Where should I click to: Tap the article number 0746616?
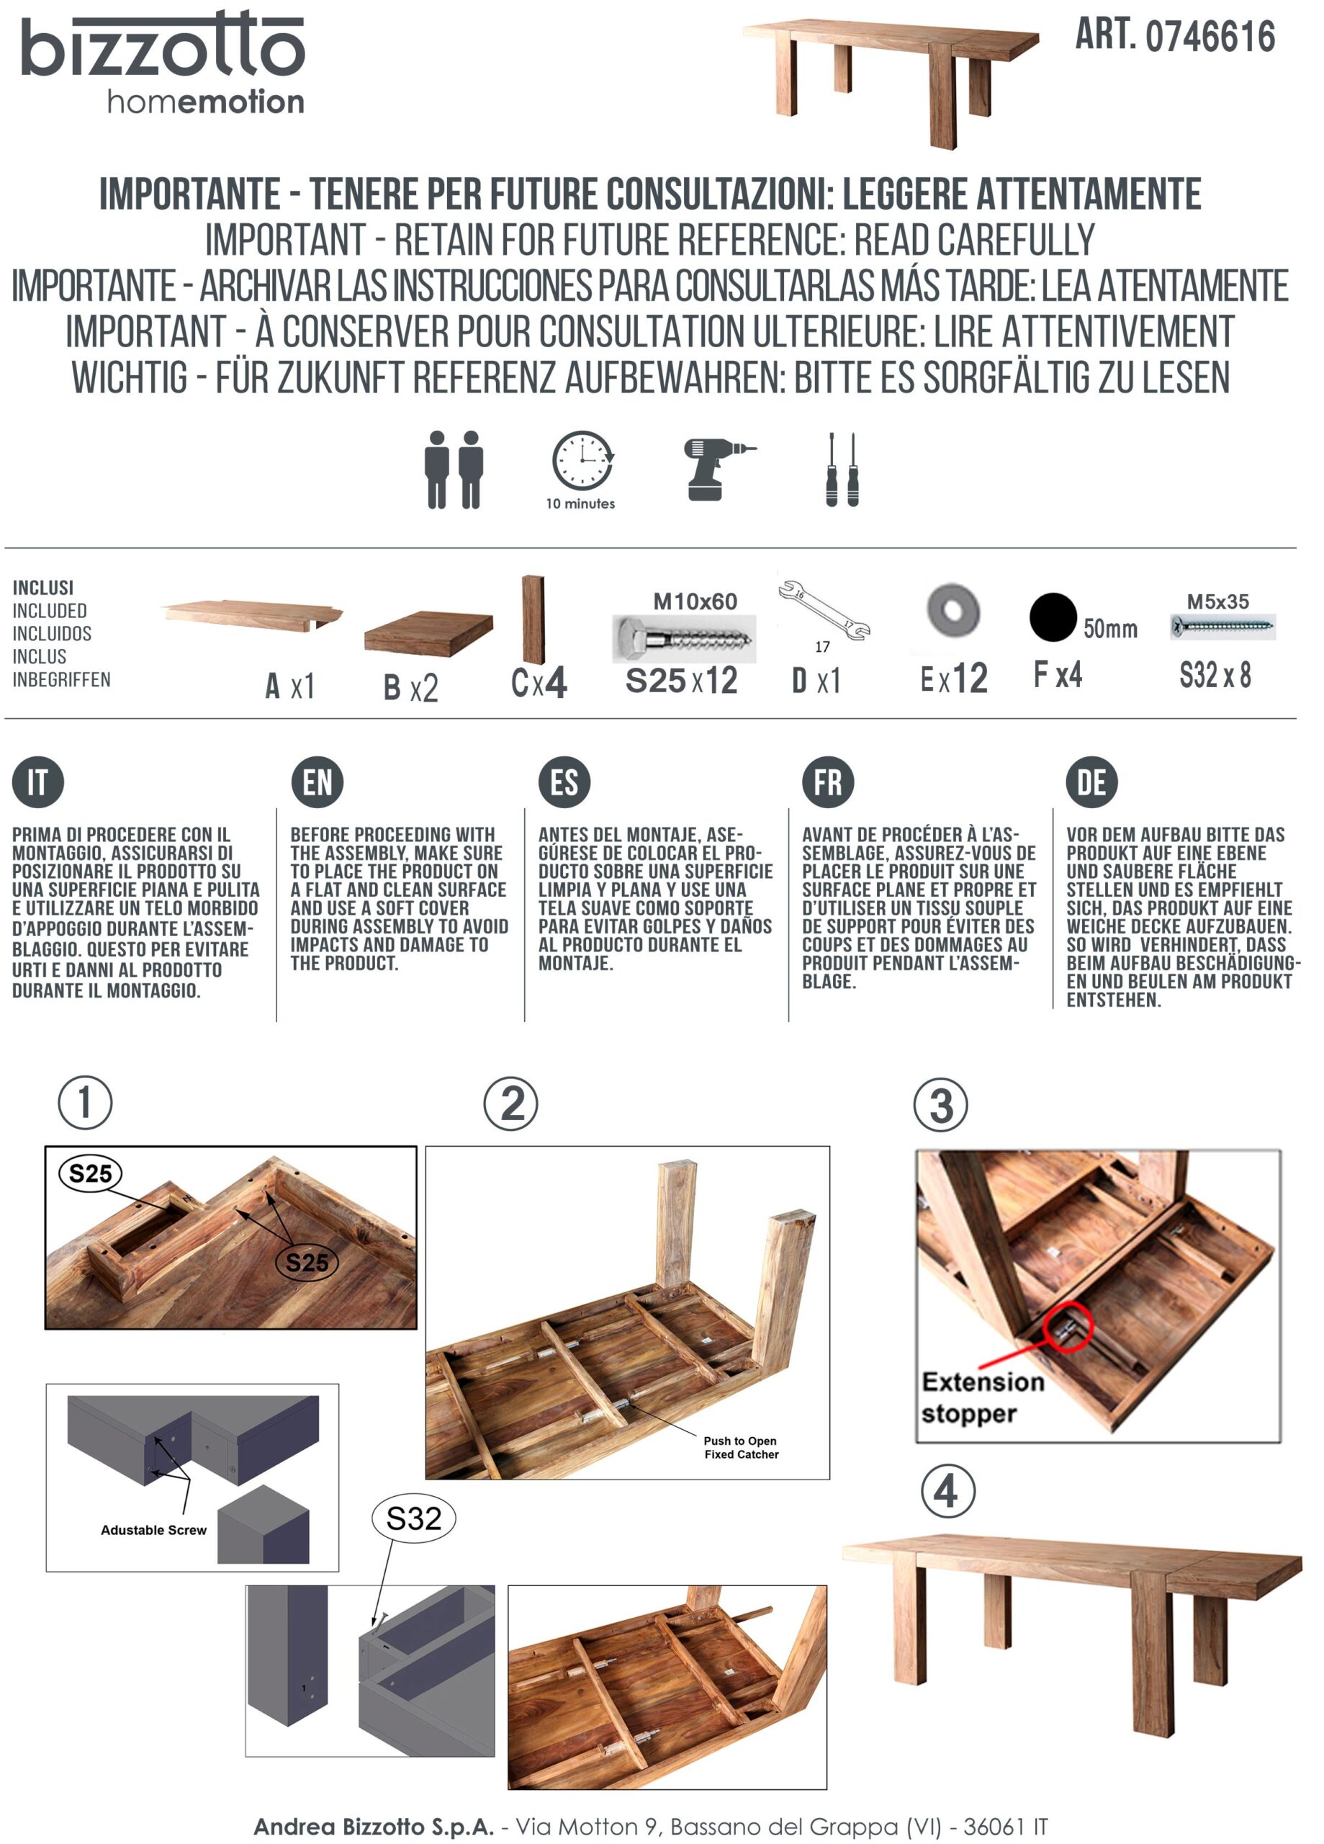click(1210, 37)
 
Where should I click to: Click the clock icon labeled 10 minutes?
click(582, 460)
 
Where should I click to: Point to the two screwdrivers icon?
click(842, 470)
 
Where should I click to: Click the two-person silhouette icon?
click(454, 470)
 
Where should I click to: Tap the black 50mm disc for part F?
click(1053, 617)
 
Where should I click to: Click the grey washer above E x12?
click(953, 610)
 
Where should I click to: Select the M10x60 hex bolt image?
click(683, 638)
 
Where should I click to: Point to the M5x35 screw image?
click(1222, 626)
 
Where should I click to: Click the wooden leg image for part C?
click(533, 619)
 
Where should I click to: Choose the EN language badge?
click(317, 782)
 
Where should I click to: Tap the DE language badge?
click(1091, 782)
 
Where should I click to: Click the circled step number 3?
click(940, 1105)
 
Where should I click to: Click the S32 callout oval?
click(414, 1518)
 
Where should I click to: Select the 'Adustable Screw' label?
click(153, 1529)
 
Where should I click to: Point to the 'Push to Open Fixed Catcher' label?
click(742, 1447)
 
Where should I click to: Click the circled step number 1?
click(84, 1103)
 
